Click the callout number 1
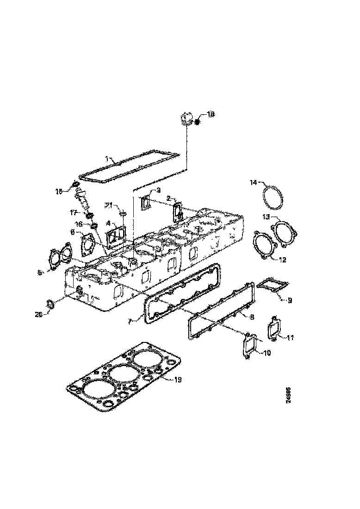[107, 158]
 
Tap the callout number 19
[178, 379]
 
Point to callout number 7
[130, 320]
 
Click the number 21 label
[108, 205]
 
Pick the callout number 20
[39, 314]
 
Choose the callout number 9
[290, 300]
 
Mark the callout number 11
[290, 338]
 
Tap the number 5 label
[40, 273]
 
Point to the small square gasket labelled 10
[249, 345]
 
